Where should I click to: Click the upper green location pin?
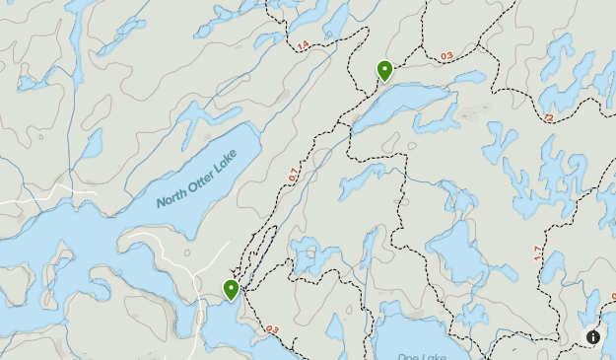click(384, 70)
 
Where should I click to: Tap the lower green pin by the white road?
click(232, 290)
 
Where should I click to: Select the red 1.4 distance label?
click(302, 45)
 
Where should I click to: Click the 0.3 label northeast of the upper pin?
click(446, 56)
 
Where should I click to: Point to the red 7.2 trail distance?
click(548, 118)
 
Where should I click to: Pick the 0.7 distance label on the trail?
click(293, 176)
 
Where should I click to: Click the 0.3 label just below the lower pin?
click(272, 329)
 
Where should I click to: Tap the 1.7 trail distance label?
click(537, 253)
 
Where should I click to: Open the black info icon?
click(593, 337)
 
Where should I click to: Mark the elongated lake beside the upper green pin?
click(409, 104)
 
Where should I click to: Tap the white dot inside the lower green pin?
click(232, 287)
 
